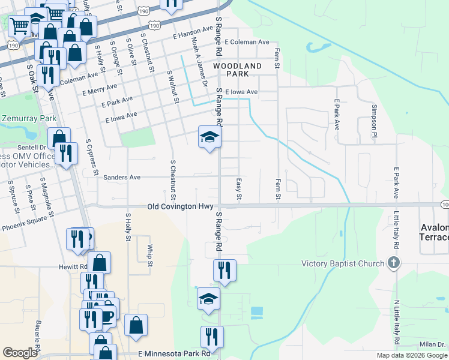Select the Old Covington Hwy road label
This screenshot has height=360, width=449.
[180, 206]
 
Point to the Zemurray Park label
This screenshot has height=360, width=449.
[28, 119]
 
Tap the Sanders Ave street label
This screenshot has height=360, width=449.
[122, 178]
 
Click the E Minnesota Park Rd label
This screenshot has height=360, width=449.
[175, 354]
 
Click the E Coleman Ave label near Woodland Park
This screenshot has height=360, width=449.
[247, 43]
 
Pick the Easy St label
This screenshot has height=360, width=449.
[239, 188]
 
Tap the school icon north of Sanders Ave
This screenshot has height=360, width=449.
[210, 138]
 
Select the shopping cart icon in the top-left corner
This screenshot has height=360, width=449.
[20, 25]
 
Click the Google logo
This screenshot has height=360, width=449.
[20, 353]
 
